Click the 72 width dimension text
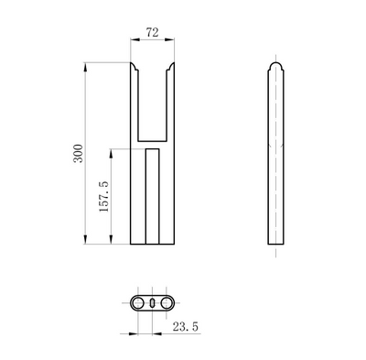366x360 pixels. (152, 31)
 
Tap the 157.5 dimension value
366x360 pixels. (103, 196)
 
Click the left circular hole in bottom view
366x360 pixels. (137, 301)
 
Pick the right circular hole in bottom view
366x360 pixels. (167, 301)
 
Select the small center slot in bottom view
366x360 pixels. (152, 301)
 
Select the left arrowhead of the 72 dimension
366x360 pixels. (133, 40)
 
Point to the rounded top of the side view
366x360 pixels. (275, 66)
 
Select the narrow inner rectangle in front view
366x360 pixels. (152, 197)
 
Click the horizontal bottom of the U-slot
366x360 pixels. (152, 138)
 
